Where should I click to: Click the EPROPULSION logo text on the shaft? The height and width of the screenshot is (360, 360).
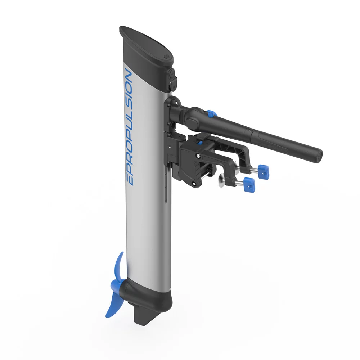[129, 126]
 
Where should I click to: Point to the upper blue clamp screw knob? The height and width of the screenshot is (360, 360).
[264, 171]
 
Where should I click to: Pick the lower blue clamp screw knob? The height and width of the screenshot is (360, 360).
[249, 184]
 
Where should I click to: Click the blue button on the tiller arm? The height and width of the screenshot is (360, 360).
[211, 113]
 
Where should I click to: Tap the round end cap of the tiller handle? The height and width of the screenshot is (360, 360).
[319, 156]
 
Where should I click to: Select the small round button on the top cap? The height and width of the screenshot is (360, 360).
[166, 56]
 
